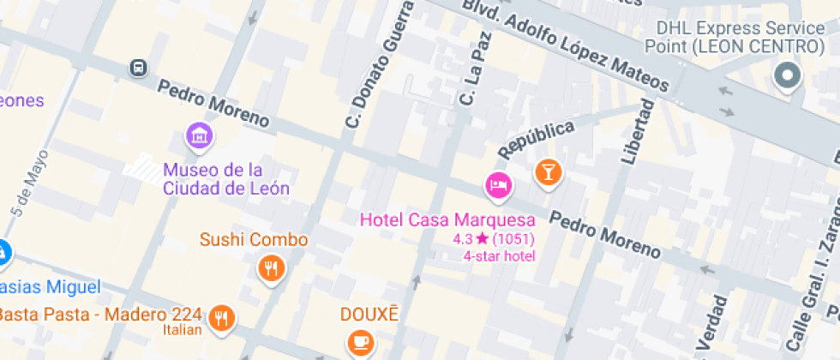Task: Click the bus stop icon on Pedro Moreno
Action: click(137, 67)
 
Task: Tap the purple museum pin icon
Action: click(200, 135)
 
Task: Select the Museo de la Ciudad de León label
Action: click(225, 178)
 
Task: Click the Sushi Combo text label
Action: click(254, 239)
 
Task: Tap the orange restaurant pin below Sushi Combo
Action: click(272, 269)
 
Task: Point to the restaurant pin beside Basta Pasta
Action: click(222, 317)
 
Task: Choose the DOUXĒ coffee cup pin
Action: click(360, 342)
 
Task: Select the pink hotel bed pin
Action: click(498, 183)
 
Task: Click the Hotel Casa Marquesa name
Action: click(447, 219)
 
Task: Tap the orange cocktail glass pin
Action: click(548, 171)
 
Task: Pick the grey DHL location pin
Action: click(786, 77)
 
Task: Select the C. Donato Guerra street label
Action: click(378, 64)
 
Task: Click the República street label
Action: click(536, 139)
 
